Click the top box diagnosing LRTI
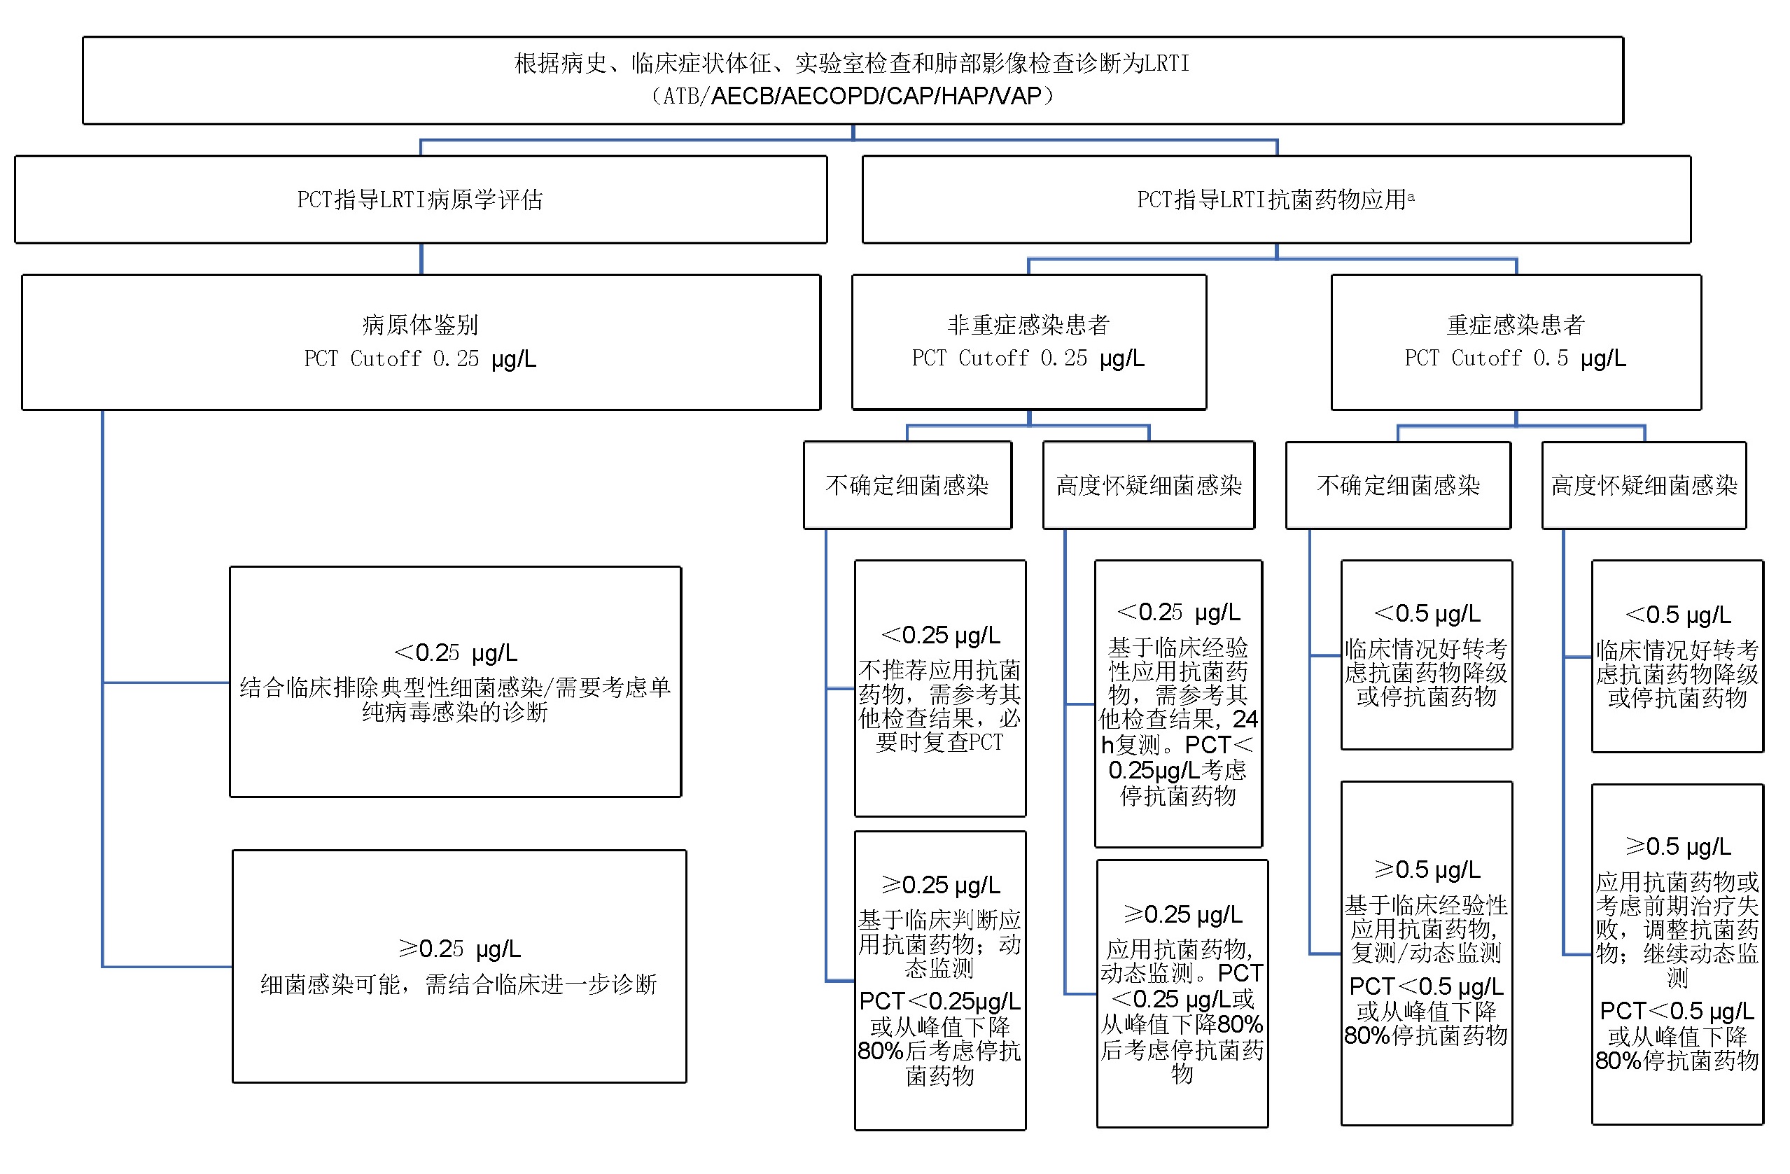[x=852, y=80]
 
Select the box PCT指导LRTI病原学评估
[x=421, y=200]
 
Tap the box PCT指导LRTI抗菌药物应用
[x=1275, y=200]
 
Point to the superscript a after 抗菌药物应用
[x=1411, y=196]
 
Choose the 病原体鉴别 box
[x=421, y=342]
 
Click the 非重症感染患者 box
[x=1028, y=342]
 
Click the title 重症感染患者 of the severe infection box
[x=1515, y=325]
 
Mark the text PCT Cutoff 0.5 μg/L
[x=1515, y=358]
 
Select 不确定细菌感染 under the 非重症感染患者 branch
[x=907, y=485]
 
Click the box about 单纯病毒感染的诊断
[x=455, y=681]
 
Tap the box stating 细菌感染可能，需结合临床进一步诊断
[x=459, y=965]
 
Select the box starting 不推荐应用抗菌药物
[x=939, y=687]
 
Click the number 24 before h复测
[x=1245, y=719]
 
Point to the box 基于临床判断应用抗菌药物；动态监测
[x=939, y=980]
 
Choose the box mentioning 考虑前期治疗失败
[x=1677, y=954]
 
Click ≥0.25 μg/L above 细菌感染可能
[x=459, y=949]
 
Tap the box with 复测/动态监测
[x=1425, y=953]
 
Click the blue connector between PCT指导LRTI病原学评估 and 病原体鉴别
[x=421, y=259]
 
